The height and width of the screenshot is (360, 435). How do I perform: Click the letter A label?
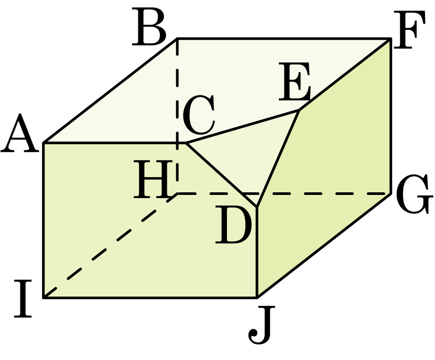click(x=19, y=133)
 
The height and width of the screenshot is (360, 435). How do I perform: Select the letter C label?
click(x=199, y=114)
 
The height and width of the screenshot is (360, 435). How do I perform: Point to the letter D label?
click(x=234, y=225)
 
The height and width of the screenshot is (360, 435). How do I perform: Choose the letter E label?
click(x=295, y=81)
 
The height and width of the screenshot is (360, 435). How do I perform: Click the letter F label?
click(x=409, y=30)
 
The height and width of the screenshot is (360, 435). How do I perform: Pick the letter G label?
click(x=415, y=194)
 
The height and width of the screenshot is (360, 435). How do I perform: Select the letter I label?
click(x=23, y=299)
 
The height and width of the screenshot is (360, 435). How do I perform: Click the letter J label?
click(x=262, y=324)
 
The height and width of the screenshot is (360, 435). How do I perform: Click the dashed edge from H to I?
click(x=111, y=246)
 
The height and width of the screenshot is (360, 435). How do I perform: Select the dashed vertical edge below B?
click(x=177, y=116)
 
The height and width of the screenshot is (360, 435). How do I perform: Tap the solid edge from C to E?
click(x=243, y=127)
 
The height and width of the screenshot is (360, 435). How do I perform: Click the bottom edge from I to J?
click(x=150, y=298)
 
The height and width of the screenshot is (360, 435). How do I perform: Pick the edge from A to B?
click(x=110, y=91)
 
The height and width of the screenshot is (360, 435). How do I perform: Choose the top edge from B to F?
click(x=284, y=38)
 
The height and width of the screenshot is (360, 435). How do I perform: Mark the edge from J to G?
click(x=324, y=245)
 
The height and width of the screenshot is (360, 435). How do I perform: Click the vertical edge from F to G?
click(x=391, y=116)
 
